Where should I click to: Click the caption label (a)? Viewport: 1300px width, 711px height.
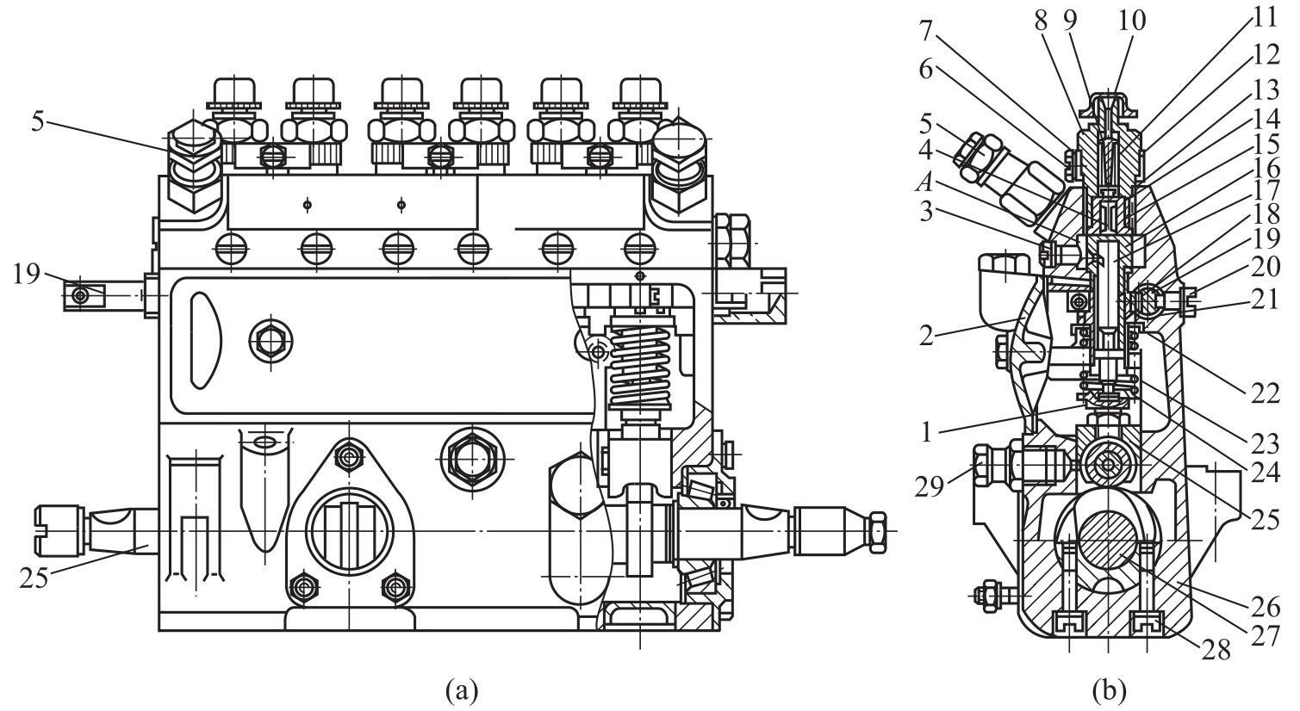[x=462, y=691]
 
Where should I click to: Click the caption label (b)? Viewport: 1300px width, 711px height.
[x=1110, y=691]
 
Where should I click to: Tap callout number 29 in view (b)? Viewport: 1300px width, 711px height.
[x=930, y=488]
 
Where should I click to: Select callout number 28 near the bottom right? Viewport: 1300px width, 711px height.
[x=1216, y=651]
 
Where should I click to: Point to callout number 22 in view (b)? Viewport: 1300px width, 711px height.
[x=1266, y=394]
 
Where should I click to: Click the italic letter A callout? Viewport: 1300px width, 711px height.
[x=924, y=183]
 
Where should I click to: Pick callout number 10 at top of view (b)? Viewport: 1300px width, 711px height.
[x=1131, y=21]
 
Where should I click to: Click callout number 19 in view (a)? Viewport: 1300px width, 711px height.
[x=28, y=274]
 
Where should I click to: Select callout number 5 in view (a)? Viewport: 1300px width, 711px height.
[x=38, y=121]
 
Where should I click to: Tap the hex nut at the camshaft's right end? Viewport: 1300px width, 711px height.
[x=876, y=531]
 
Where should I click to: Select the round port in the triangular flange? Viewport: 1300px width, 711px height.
[x=350, y=531]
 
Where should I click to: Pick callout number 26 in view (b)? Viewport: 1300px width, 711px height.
[x=1266, y=607]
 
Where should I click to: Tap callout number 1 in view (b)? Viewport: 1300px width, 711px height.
[x=926, y=432]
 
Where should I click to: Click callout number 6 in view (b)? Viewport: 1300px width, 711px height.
[x=925, y=70]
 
